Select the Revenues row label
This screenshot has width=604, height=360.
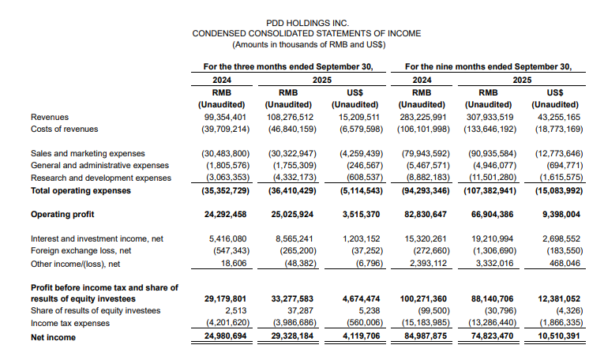click(49, 117)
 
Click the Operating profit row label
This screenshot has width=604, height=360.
click(62, 214)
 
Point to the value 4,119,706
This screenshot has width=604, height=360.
click(363, 337)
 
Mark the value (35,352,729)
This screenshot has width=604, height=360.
click(225, 190)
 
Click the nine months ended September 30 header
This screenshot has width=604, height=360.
click(487, 66)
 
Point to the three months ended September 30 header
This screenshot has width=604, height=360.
click(287, 66)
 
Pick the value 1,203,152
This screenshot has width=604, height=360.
click(363, 238)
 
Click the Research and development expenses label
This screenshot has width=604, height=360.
click(94, 178)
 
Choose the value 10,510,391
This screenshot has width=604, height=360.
click(558, 337)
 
